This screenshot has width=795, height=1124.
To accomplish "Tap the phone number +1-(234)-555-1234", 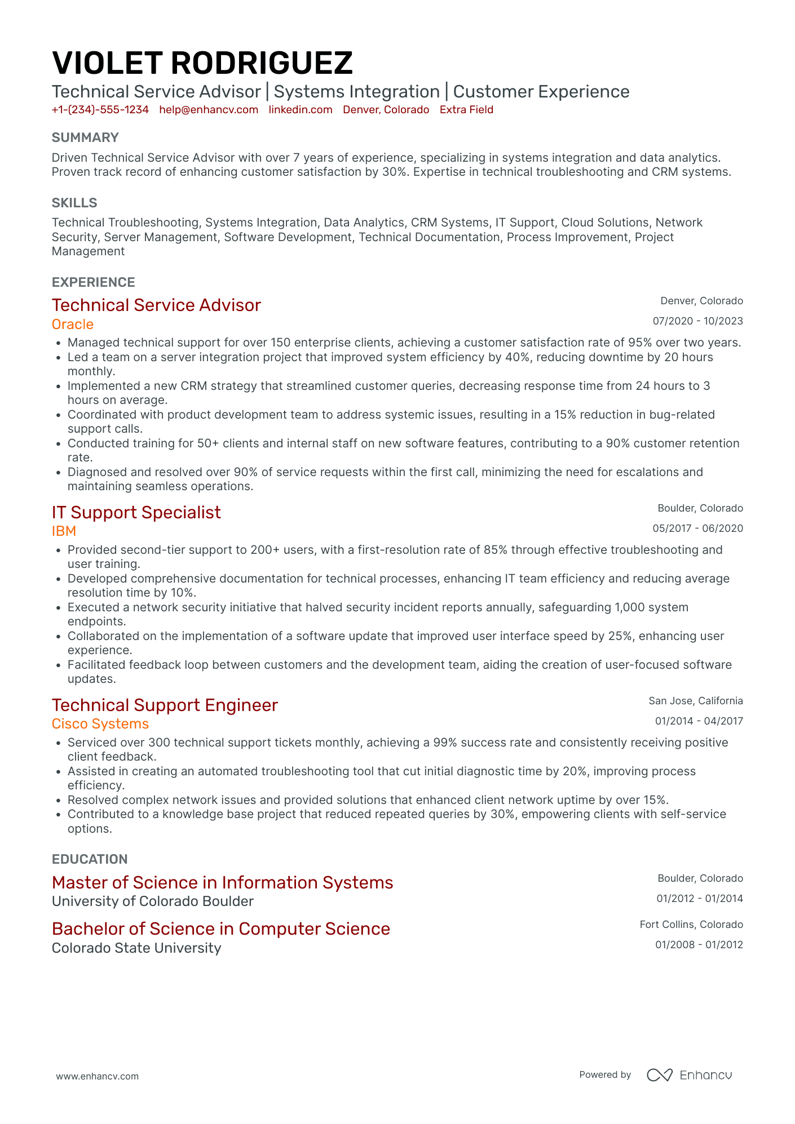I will point(100,110).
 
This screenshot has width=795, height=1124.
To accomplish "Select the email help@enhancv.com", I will point(209,110).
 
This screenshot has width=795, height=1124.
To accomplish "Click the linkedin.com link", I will point(300,110).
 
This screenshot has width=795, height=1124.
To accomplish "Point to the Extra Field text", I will point(466,110).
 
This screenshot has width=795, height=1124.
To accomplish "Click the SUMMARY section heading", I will point(85,137).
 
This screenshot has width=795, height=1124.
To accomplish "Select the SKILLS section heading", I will point(74,203).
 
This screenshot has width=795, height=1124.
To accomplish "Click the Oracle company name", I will point(73,325).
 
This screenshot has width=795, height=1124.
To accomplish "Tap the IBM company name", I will point(64,531).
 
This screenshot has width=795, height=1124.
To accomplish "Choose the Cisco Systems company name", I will point(100,724).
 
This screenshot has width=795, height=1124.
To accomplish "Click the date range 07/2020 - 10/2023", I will point(697,321).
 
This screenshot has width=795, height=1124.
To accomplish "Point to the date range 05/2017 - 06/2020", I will point(697,528).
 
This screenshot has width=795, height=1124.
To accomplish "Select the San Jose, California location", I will point(695,701).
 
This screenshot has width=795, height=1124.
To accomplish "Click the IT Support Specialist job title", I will point(136,512).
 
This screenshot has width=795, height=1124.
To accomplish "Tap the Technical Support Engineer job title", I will point(165,705).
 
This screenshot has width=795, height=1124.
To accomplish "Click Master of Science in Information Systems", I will point(222,882).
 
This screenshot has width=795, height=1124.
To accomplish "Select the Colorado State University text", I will point(136,948).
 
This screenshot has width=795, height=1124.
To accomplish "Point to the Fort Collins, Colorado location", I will point(691,925).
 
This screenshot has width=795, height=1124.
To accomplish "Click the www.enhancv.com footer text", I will point(97,1076).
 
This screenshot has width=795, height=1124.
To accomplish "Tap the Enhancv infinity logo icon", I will point(659,1075).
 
